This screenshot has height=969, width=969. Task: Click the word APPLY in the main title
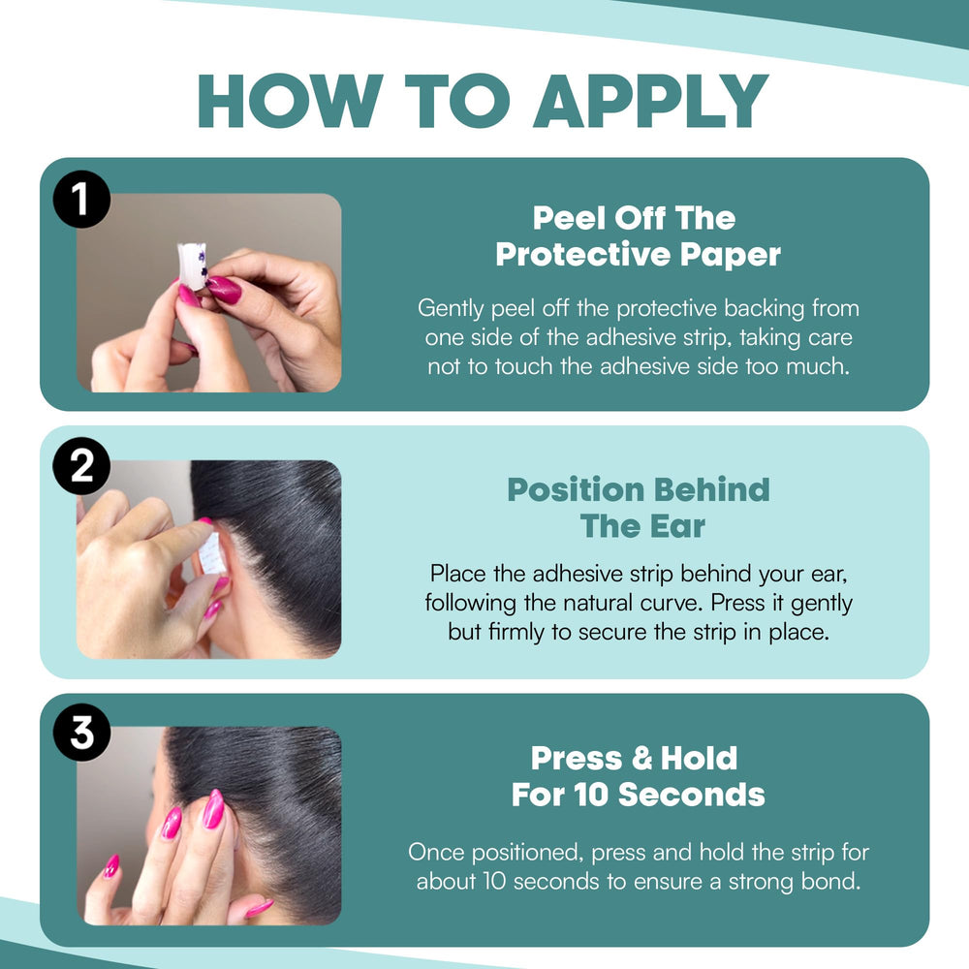(x=651, y=102)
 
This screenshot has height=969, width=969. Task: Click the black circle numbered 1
(x=81, y=199)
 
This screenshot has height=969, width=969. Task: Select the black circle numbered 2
(x=81, y=466)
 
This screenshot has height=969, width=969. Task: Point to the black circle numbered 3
(x=81, y=733)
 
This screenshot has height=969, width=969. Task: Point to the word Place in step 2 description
(x=457, y=574)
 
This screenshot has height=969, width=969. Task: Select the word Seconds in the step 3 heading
(x=692, y=795)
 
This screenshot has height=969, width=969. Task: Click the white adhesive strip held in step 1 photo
(x=192, y=266)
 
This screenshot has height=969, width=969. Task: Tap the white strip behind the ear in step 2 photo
(x=209, y=553)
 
